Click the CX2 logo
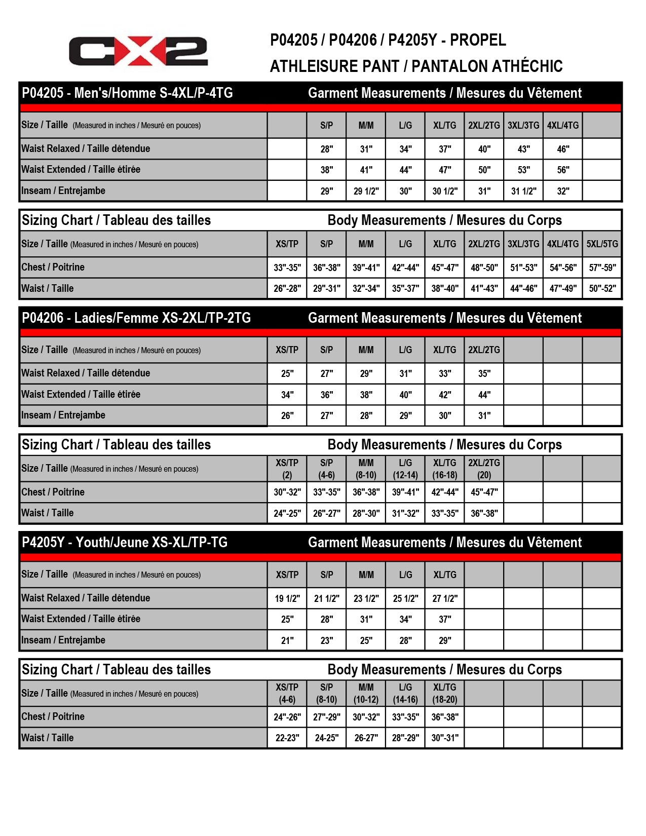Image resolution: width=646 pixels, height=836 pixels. click(x=138, y=51)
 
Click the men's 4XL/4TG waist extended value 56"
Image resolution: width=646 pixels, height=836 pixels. click(x=563, y=170)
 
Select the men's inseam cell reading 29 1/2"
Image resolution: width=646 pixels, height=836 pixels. click(x=366, y=191)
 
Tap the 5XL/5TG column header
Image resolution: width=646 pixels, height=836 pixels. click(x=602, y=244)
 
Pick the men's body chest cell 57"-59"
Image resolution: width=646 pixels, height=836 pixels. click(x=602, y=268)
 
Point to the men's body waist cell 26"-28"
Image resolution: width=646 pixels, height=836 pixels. click(x=287, y=289)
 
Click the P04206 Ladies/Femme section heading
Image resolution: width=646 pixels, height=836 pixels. click(x=136, y=318)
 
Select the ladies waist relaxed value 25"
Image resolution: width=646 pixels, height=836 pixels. click(x=287, y=374)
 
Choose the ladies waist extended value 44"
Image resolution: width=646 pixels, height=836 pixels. click(x=484, y=395)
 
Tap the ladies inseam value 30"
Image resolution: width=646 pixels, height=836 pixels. click(x=445, y=416)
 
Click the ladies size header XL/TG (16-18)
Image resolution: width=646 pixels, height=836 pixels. click(x=445, y=469)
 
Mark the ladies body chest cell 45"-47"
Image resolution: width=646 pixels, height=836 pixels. click(x=484, y=492)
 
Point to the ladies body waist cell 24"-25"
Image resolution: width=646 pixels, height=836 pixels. click(x=287, y=513)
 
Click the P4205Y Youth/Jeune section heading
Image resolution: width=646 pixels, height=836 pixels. click(x=125, y=543)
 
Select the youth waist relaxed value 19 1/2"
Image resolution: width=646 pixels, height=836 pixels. click(x=287, y=598)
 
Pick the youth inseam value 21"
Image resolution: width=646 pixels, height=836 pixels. click(x=287, y=640)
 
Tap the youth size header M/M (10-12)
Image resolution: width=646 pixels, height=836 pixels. click(x=366, y=693)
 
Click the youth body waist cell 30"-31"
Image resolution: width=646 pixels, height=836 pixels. click(x=445, y=738)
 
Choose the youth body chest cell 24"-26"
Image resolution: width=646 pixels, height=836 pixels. click(x=287, y=717)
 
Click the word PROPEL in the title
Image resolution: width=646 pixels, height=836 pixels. click(x=478, y=40)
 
